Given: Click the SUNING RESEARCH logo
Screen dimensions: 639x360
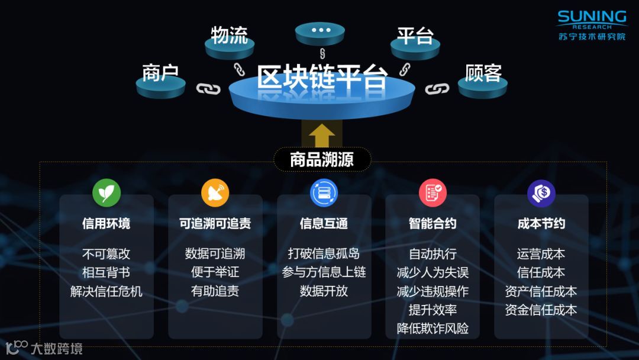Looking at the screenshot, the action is click(592, 25).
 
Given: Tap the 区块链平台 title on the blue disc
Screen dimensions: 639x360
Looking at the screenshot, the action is click(322, 78).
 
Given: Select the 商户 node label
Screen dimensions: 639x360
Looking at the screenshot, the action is click(160, 73).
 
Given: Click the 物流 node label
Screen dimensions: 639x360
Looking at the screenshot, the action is click(229, 35).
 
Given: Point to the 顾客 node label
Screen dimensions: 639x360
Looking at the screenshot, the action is click(483, 73).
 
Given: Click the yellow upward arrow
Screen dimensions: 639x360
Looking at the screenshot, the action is click(322, 136).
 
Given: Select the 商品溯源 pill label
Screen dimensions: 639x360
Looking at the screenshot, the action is click(322, 160).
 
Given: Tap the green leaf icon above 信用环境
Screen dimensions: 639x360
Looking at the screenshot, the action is click(106, 193).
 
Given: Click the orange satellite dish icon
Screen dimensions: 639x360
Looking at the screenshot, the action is click(215, 193).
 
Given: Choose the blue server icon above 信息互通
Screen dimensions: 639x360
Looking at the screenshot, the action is click(324, 193).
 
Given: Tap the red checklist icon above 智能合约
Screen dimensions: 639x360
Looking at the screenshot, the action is click(433, 193).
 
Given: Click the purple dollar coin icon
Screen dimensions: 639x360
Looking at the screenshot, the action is click(541, 193).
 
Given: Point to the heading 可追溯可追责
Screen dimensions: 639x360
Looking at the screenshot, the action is click(215, 223).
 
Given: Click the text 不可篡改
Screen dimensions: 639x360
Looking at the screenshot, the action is click(106, 254).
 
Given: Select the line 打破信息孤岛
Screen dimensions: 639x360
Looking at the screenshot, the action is click(324, 254).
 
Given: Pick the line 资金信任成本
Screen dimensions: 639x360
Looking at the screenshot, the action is click(541, 310).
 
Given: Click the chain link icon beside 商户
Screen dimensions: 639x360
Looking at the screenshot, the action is click(208, 89).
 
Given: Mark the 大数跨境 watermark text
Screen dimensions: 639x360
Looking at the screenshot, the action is click(57, 348).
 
